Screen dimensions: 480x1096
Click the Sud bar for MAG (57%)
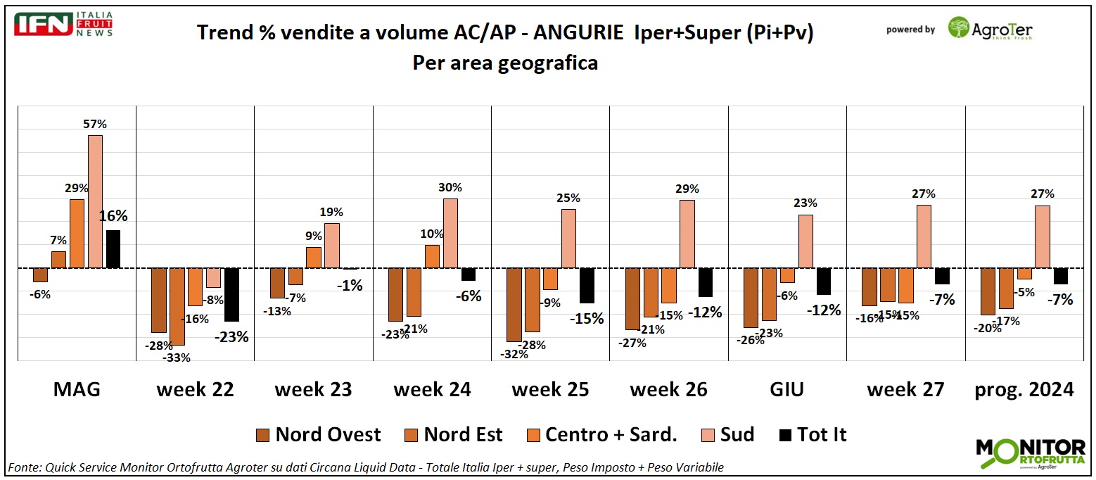tap(95, 201)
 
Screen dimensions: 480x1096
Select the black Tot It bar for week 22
tap(231, 295)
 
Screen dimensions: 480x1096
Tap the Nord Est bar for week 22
tap(177, 307)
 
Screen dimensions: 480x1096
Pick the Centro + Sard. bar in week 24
tap(432, 256)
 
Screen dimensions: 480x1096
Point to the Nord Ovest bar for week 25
tap(514, 305)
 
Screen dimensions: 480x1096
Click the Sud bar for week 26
tap(687, 234)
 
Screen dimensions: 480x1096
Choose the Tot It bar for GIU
tap(824, 282)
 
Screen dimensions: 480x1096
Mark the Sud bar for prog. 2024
tap(1043, 236)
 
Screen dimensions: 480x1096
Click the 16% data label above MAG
tap(113, 216)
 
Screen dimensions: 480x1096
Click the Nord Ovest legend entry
tap(319, 435)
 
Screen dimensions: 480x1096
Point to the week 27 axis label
tap(905, 389)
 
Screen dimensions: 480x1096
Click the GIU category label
tap(787, 389)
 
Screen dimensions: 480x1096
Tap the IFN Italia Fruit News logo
tap(64, 25)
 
